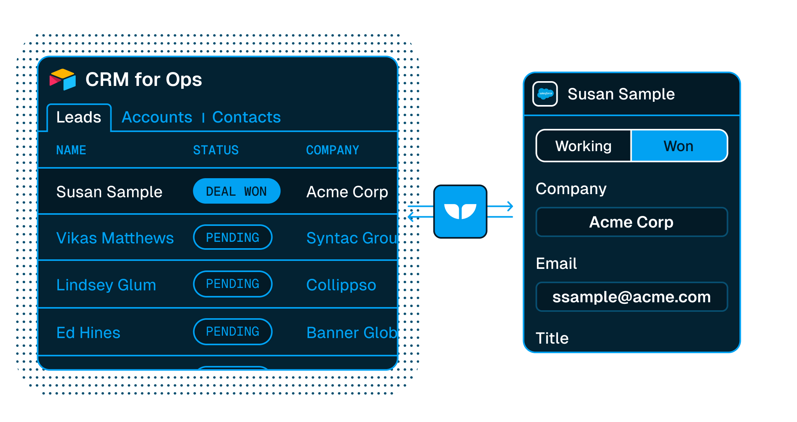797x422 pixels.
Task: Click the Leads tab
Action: (79, 117)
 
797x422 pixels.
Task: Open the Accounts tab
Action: (157, 117)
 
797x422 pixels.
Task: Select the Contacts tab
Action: (247, 117)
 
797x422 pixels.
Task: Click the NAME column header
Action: (71, 150)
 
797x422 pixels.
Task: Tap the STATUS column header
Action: (216, 150)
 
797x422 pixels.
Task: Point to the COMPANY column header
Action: (333, 150)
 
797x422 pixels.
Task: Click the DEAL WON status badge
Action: (237, 191)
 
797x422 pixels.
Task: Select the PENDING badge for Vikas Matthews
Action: (233, 237)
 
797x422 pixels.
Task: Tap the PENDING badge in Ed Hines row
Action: (233, 332)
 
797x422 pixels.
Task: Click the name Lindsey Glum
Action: (106, 285)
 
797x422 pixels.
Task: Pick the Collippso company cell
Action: (341, 285)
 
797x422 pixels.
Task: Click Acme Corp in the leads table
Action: (347, 192)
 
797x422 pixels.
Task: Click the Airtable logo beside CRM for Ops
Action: (63, 80)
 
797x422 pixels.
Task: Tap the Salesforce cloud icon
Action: (545, 94)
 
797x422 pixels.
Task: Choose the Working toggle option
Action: (584, 146)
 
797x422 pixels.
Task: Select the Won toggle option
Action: (679, 146)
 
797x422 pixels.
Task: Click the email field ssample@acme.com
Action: (632, 297)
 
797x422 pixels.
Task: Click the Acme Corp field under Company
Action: (632, 222)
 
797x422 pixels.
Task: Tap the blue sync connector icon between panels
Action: (460, 212)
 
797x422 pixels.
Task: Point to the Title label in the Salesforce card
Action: (552, 338)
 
